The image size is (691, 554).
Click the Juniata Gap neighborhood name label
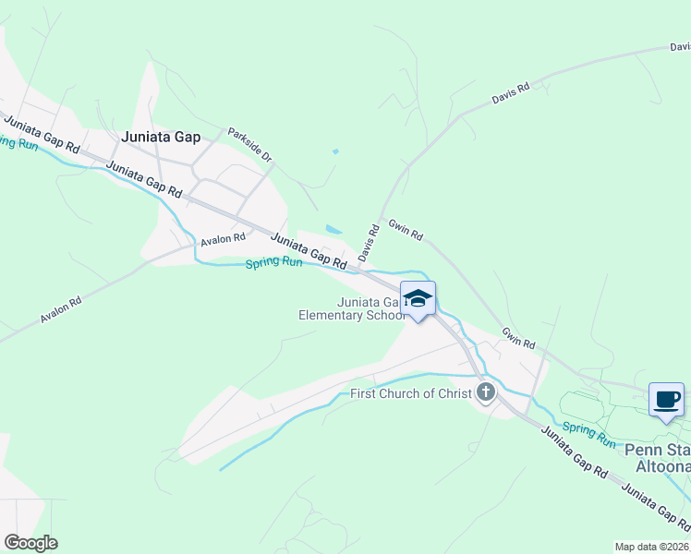(161, 137)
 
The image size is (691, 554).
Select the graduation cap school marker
(418, 297)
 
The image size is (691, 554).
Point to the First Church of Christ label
(411, 394)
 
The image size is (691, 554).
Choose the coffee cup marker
(666, 400)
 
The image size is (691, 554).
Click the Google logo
(30, 542)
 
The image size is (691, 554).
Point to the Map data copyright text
(651, 546)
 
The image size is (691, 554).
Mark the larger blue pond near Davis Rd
(333, 230)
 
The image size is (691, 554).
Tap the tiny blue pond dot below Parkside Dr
(335, 151)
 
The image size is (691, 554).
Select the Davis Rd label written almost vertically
(369, 242)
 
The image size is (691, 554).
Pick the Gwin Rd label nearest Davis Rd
(405, 230)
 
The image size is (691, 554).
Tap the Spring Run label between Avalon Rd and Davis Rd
(273, 263)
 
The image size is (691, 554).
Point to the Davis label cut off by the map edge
(680, 46)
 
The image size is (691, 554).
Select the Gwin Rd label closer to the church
(518, 338)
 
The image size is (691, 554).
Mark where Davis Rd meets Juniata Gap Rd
(361, 269)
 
